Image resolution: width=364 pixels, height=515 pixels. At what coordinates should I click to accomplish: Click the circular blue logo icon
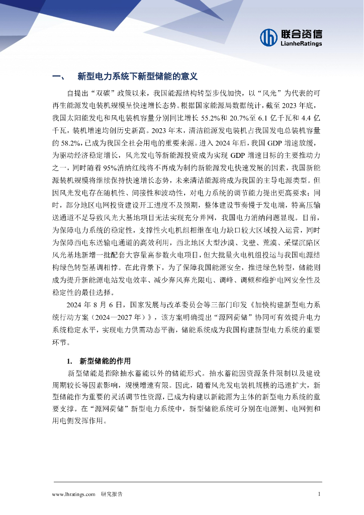(269, 37)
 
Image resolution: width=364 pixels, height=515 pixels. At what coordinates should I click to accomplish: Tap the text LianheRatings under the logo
(301, 44)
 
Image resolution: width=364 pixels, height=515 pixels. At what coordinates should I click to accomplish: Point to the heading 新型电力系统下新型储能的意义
(138, 76)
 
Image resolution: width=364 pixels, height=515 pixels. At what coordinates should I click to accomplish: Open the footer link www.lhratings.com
(73, 494)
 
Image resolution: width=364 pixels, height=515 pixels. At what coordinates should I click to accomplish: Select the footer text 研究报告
(112, 494)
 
